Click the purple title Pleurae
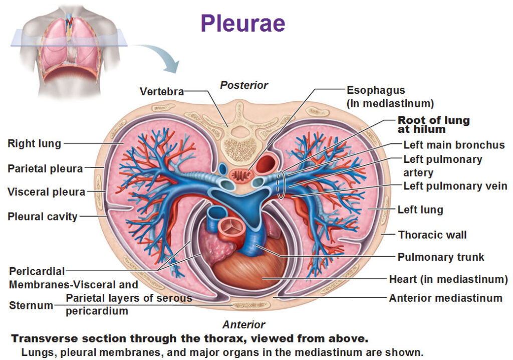(x=243, y=23)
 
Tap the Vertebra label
(x=162, y=91)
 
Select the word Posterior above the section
(x=244, y=85)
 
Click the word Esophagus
(x=376, y=90)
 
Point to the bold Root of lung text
(x=433, y=120)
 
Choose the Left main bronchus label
(x=454, y=145)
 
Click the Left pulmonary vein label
(x=455, y=186)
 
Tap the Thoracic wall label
(x=432, y=235)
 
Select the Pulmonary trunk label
(x=441, y=257)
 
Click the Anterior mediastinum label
(x=445, y=298)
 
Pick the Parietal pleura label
(x=45, y=168)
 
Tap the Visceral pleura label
(x=47, y=192)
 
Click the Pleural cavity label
(x=43, y=217)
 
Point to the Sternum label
(x=31, y=305)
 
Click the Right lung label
(x=35, y=144)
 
